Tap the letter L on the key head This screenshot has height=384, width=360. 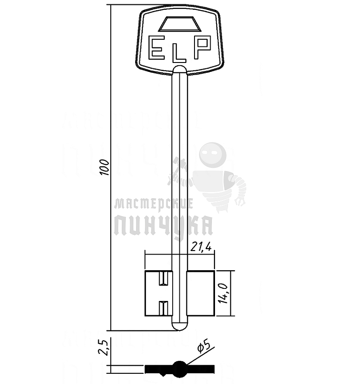(x=179, y=54)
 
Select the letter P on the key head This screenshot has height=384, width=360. (x=203, y=47)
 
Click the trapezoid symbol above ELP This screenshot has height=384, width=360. (x=180, y=24)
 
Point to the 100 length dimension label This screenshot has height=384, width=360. (x=105, y=167)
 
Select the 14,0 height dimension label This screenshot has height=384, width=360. (x=223, y=294)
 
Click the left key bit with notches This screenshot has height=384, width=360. (x=158, y=293)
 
